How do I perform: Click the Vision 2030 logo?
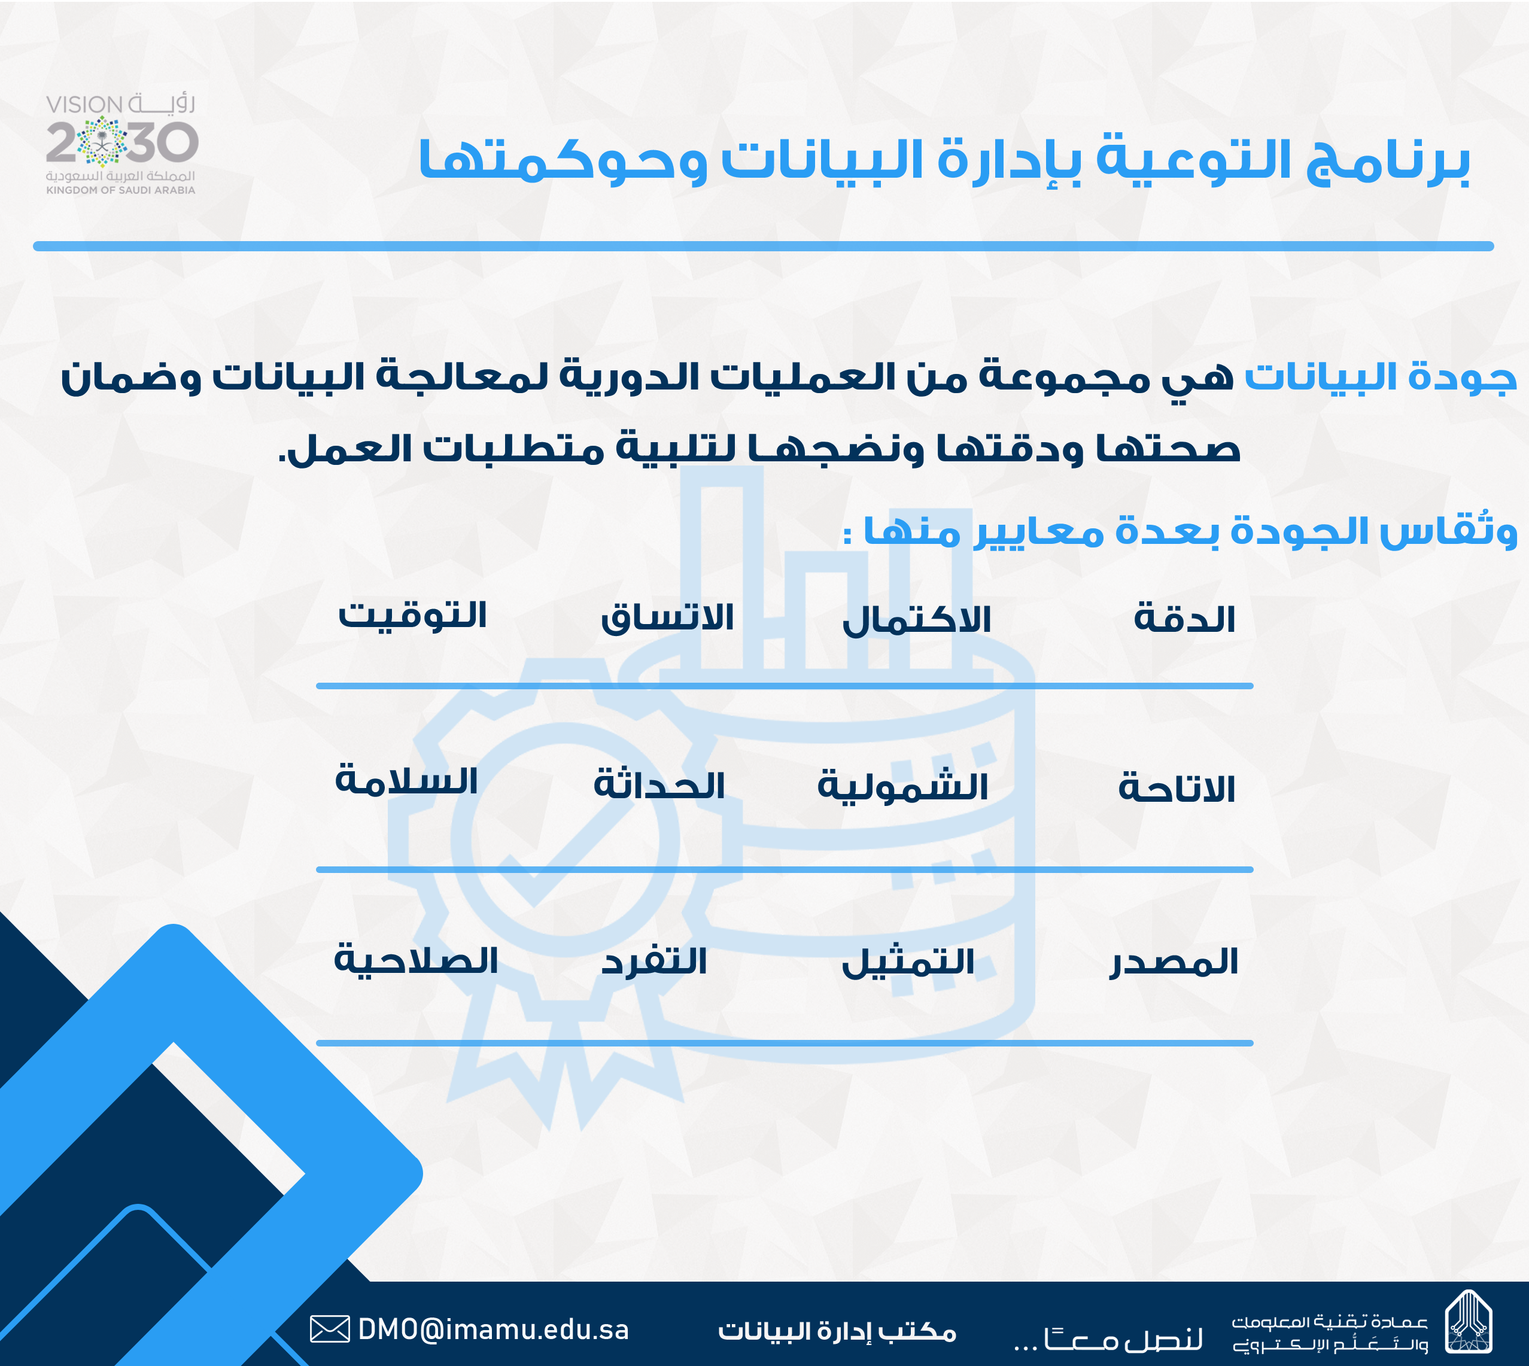click(121, 144)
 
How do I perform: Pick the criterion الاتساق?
click(667, 617)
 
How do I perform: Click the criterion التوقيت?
click(412, 614)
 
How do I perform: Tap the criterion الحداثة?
click(659, 785)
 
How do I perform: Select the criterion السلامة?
click(406, 781)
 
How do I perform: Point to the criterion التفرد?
click(653, 962)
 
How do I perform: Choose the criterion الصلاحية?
click(416, 959)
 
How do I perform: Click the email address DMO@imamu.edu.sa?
click(493, 1330)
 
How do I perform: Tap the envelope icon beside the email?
click(330, 1330)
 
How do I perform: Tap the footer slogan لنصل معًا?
click(1109, 1337)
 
